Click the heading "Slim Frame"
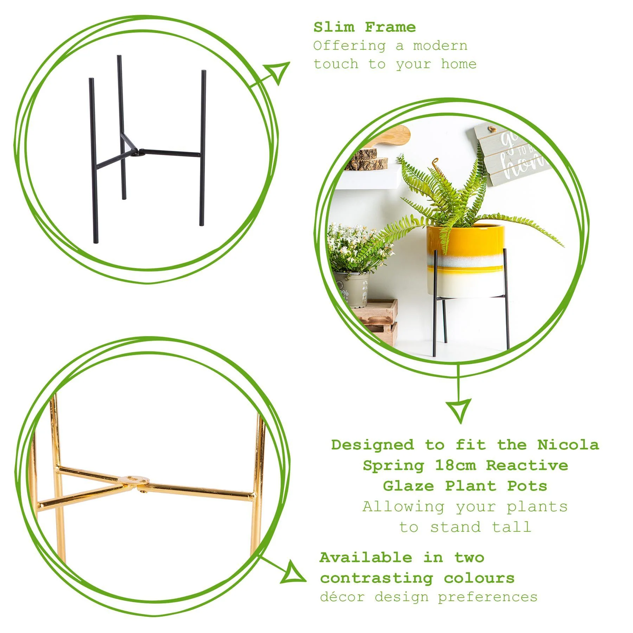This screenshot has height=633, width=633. tap(364, 27)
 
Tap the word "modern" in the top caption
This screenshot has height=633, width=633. tap(440, 46)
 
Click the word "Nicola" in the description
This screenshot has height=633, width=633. tap(568, 445)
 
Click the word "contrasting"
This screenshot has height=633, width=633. tap(376, 578)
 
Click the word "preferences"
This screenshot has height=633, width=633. tap(487, 597)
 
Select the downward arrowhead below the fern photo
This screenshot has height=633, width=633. tap(459, 409)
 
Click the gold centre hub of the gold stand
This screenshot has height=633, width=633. tap(135, 480)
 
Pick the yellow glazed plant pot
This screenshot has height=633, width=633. tap(465, 260)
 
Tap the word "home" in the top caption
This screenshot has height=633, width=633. tap(459, 64)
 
